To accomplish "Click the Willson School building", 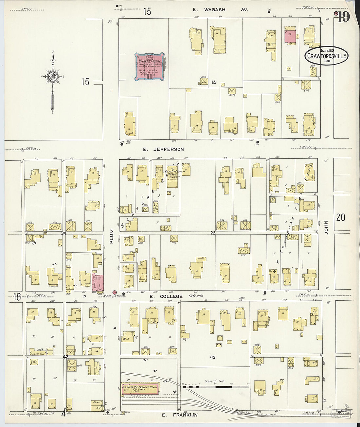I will click(150, 66).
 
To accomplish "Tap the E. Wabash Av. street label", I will click(220, 10).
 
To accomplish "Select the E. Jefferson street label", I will click(164, 149).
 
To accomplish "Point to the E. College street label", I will click(166, 296).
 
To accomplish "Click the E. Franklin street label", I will click(180, 415).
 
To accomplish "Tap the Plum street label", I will click(112, 236).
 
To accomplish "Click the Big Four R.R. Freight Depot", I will click(140, 388).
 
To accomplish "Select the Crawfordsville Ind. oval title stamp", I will click(326, 56).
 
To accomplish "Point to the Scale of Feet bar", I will click(215, 386).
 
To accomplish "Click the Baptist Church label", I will click(175, 171).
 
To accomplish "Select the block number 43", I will click(213, 357).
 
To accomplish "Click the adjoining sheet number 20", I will click(340, 217).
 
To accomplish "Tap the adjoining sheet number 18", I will click(17, 297).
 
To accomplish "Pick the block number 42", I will click(66, 357).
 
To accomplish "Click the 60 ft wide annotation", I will click(196, 296).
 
